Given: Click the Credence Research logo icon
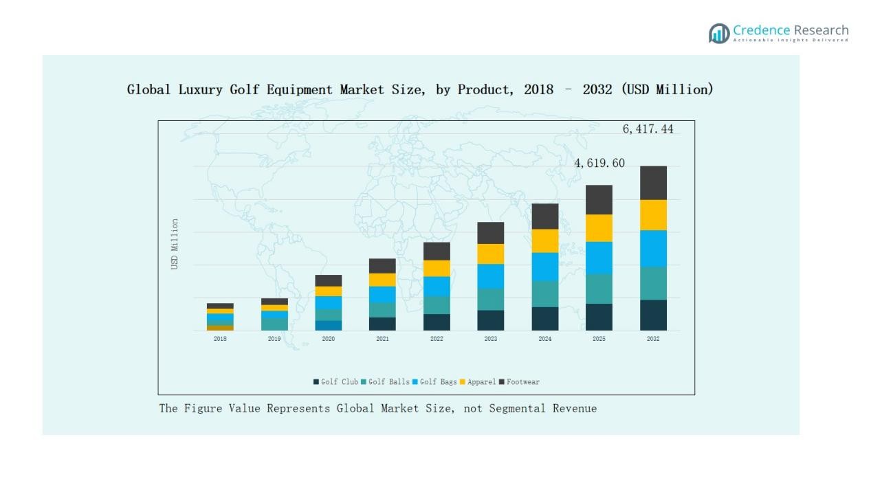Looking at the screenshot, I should [719, 33].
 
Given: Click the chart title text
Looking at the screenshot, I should [420, 89].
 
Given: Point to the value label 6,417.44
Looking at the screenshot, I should [648, 129].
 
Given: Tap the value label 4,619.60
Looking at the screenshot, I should [599, 164].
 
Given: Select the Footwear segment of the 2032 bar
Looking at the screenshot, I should [653, 183].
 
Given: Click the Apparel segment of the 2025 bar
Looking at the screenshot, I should [599, 228].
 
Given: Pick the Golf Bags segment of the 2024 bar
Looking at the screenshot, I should [545, 267].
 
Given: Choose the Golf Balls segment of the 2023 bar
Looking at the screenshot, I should [491, 300].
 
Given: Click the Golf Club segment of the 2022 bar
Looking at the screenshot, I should [437, 322].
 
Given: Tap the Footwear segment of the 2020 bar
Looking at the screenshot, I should [329, 280].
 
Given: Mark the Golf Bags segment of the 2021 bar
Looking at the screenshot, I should [382, 294].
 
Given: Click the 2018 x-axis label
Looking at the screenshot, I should [220, 339].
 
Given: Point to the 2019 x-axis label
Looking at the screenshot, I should [274, 339].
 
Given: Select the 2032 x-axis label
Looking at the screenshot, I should [653, 339].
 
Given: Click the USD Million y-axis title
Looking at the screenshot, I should [175, 244].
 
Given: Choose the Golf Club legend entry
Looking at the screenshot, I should [336, 382].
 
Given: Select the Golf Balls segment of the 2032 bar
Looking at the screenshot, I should [653, 283].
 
